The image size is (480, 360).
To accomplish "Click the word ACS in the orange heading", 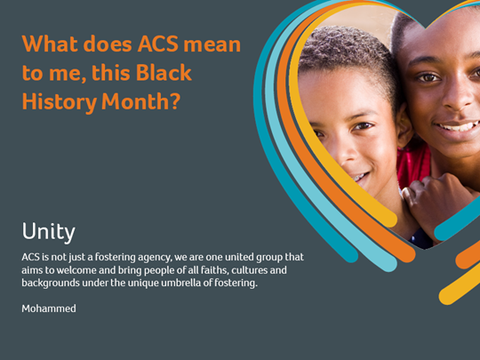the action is coord(157,44).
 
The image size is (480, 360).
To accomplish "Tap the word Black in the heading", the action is coord(164,72).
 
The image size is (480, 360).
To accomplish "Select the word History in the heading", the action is coord(60,101).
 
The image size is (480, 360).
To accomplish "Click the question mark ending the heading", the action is coord(174,101).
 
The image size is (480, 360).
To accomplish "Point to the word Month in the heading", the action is coord(135,101).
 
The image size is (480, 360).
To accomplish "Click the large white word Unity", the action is coord(49,231).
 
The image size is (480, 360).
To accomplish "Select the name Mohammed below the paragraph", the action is coord(49,308).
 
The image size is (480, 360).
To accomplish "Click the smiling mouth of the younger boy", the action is coord(360,179).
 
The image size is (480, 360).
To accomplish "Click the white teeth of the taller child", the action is coord(460,126).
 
